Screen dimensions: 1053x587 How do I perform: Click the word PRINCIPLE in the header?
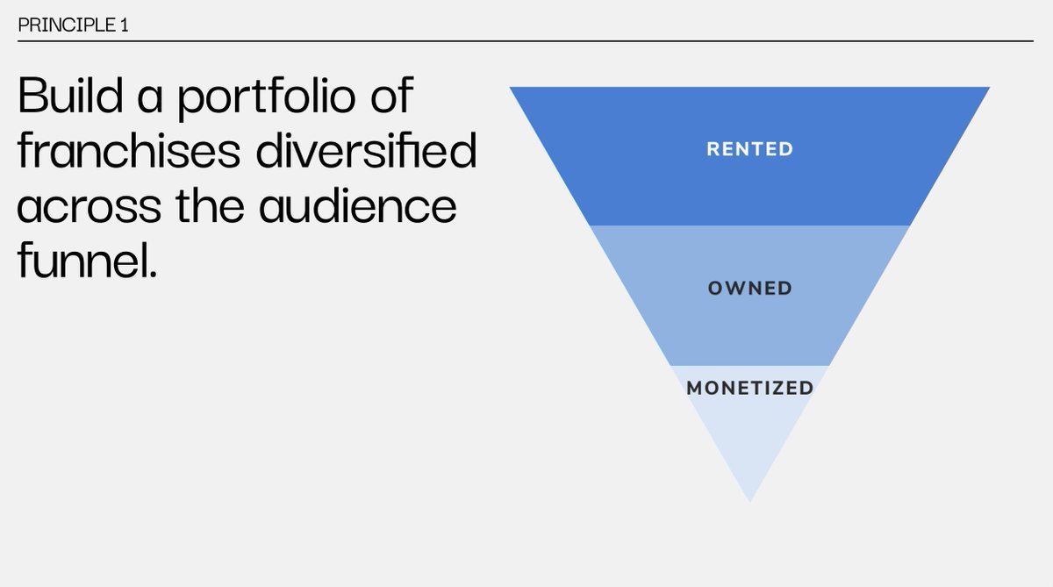[67, 25]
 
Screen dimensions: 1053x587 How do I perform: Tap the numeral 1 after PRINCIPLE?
[124, 25]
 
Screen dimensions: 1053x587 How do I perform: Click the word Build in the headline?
[70, 95]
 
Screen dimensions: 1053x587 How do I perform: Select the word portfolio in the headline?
[267, 97]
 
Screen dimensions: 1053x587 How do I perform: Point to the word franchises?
[129, 149]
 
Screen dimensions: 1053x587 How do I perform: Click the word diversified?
[367, 149]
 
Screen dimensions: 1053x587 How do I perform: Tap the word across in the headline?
[90, 207]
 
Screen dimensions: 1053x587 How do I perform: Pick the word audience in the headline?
[358, 204]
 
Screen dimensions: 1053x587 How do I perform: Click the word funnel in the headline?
[82, 260]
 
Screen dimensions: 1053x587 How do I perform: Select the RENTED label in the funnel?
[749, 149]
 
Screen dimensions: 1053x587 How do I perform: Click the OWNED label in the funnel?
[749, 289]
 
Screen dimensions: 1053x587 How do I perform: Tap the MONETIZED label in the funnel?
[749, 388]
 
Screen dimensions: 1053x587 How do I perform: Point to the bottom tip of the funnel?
[749, 502]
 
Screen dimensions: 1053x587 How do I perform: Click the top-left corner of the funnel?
[510, 87]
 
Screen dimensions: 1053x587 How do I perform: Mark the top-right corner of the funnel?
[990, 87]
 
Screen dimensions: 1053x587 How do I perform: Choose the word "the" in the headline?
[210, 204]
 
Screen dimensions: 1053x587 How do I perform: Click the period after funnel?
[152, 274]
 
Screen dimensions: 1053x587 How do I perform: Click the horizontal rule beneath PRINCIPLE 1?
[526, 41]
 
